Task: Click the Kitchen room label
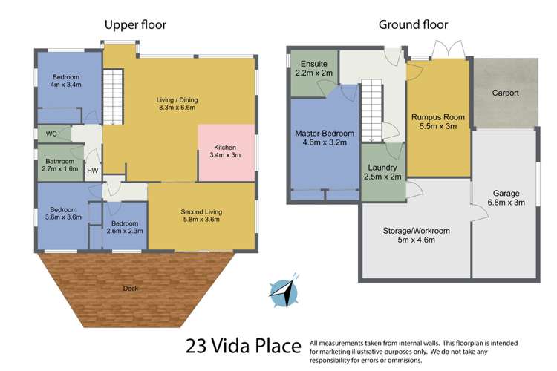[x=225, y=146]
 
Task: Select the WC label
[x=51, y=134]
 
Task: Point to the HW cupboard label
[x=92, y=171]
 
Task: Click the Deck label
[x=130, y=288]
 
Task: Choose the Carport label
[x=504, y=93]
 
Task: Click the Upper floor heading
[x=134, y=25]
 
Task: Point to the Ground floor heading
[x=413, y=25]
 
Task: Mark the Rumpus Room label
[x=437, y=116]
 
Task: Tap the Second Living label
[x=201, y=211]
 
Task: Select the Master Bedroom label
[x=325, y=134]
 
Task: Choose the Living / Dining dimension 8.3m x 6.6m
[x=177, y=109]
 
